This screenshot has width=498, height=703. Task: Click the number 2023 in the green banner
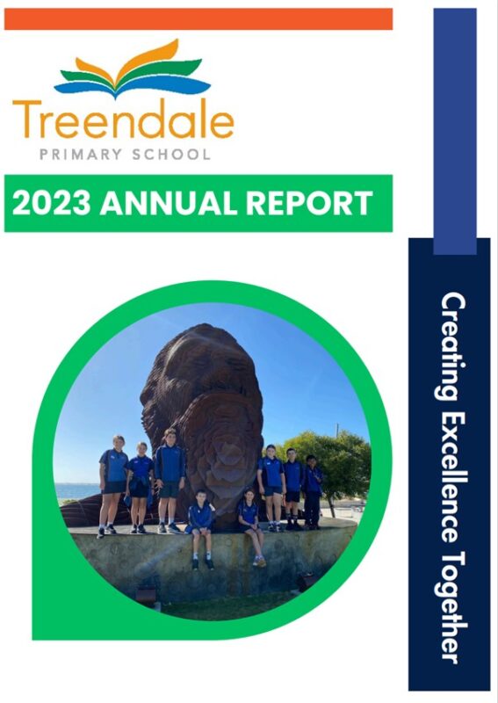[x=51, y=204]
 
